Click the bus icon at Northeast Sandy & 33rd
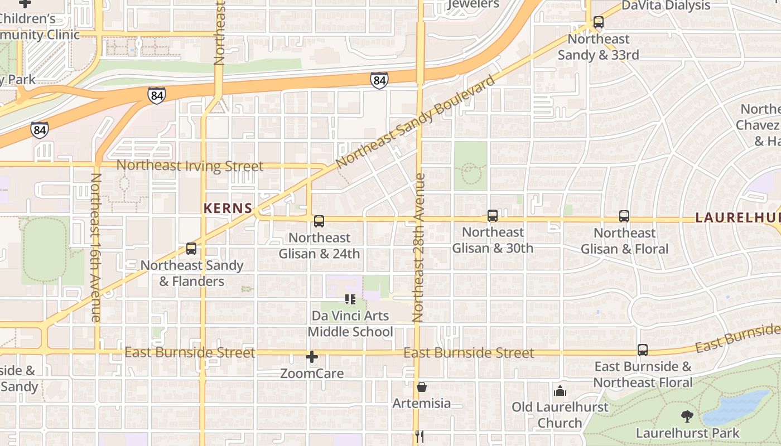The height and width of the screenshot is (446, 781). (598, 23)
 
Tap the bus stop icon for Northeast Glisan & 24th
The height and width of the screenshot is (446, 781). (319, 221)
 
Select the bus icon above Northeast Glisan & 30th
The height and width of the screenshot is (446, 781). (492, 216)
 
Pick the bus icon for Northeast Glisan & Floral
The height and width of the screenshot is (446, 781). (624, 216)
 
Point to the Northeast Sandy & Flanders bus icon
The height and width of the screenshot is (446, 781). (191, 249)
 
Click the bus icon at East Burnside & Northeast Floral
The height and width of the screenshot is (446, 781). (642, 350)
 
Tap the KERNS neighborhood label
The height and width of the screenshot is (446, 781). (228, 209)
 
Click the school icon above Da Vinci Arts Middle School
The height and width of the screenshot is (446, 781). (350, 299)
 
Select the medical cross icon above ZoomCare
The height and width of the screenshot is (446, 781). (312, 357)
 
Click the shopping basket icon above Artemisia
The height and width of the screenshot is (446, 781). (422, 387)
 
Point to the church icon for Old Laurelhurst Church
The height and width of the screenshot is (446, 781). (560, 391)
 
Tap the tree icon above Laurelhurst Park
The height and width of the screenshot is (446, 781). (687, 416)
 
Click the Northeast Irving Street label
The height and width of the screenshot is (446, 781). (190, 166)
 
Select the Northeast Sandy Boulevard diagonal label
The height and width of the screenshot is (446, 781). (416, 121)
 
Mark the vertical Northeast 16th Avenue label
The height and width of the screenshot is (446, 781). (95, 248)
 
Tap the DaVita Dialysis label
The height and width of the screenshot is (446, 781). (666, 6)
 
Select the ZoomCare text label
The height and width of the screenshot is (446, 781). (312, 374)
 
